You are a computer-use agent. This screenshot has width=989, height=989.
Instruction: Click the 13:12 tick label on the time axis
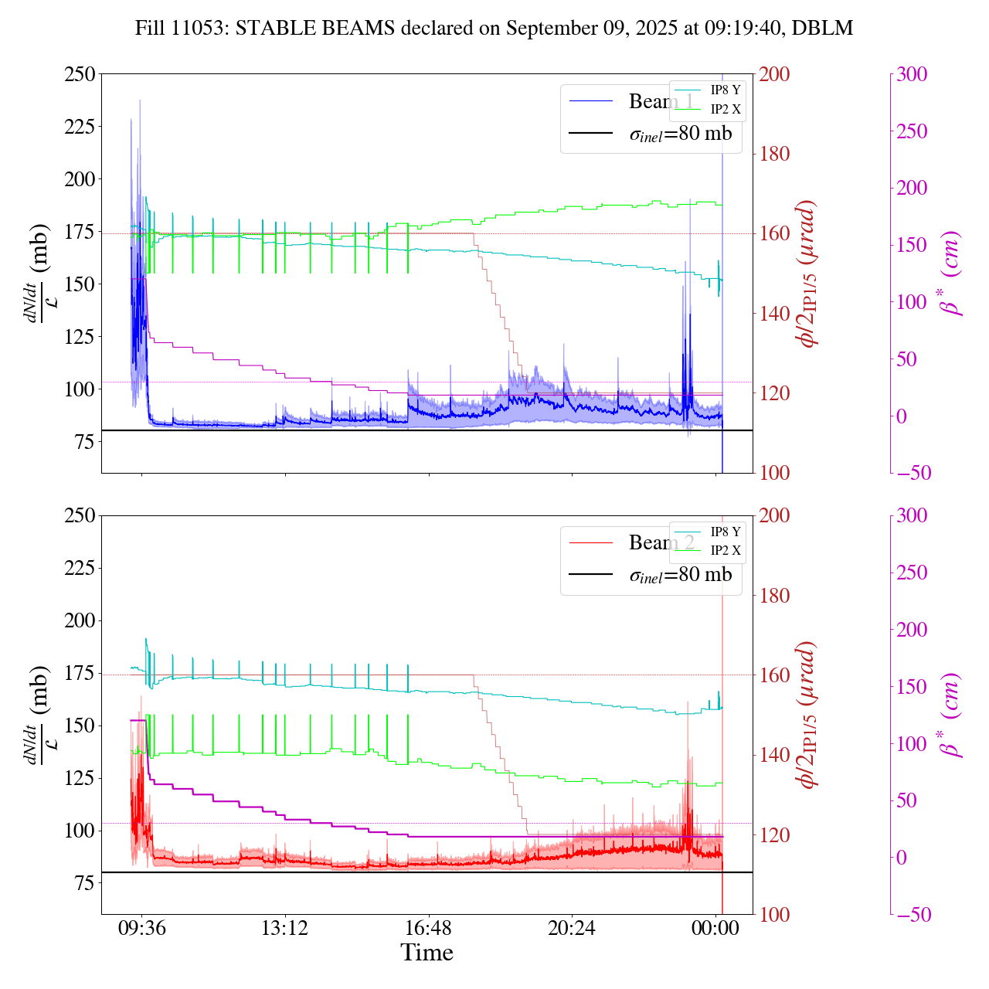click(285, 927)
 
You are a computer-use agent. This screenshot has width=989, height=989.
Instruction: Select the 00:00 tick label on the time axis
click(715, 927)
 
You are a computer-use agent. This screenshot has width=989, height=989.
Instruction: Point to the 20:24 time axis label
click(572, 927)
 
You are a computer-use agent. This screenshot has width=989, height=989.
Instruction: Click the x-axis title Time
click(427, 953)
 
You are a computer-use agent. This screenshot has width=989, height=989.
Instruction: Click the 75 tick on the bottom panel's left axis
click(83, 883)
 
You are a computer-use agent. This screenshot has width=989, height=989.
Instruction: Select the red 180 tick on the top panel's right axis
click(775, 154)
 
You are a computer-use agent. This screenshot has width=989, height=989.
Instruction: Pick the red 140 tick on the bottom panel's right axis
click(775, 755)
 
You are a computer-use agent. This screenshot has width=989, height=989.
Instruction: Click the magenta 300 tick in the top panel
click(912, 74)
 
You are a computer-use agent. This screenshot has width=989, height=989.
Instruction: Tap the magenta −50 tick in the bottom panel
click(910, 915)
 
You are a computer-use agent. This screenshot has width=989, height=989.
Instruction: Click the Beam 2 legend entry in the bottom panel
click(661, 543)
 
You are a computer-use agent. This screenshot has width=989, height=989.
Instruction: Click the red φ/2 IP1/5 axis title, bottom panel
click(808, 715)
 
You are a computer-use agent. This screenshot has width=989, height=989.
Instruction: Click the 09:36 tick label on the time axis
click(141, 927)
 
